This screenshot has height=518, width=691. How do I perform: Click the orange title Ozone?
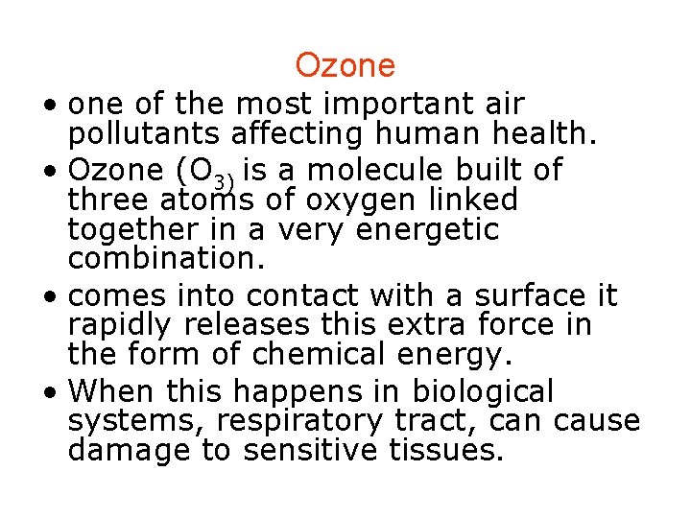345,65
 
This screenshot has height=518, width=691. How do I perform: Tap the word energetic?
427,230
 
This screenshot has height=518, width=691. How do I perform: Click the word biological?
483,391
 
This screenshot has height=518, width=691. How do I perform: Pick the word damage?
129,451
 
